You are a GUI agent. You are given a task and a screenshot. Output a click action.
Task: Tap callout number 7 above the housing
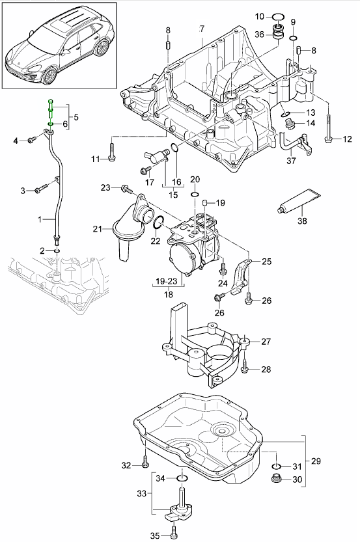point(201,29)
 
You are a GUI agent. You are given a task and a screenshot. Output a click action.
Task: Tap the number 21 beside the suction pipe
point(98,228)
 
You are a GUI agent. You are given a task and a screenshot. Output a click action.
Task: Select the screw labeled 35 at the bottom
point(173,535)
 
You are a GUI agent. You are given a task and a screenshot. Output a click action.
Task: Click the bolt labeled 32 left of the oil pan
point(145,465)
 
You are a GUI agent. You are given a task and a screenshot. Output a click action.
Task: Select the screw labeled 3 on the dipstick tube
point(41,189)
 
